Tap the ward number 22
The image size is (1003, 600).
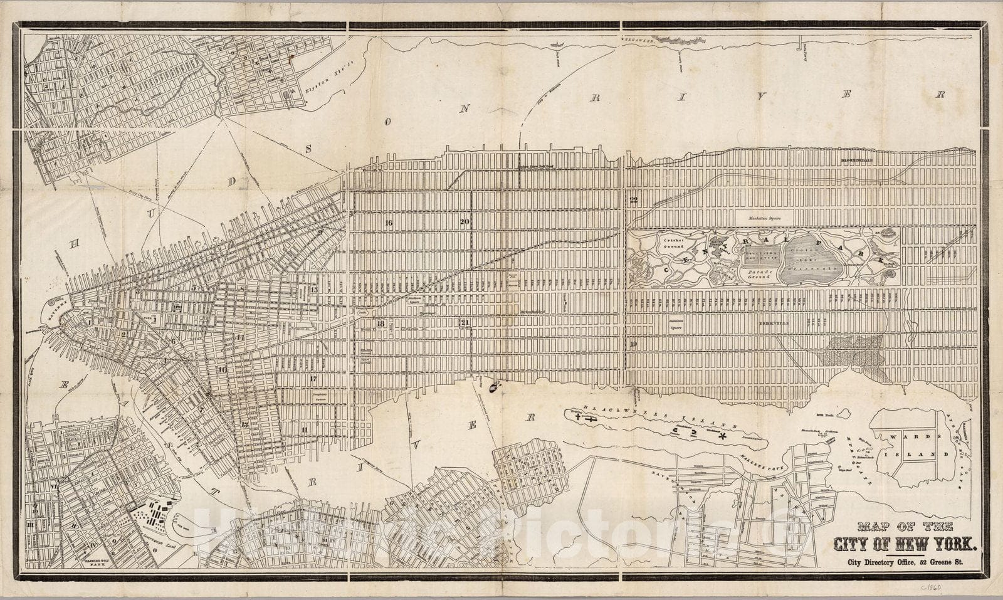point(633,200)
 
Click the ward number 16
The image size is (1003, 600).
point(389,223)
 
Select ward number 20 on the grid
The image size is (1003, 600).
point(465,221)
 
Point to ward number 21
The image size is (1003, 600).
point(465,323)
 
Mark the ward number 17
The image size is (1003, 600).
point(313,379)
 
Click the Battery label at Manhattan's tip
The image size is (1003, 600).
point(53,313)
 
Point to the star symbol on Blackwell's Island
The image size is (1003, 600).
point(722,434)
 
